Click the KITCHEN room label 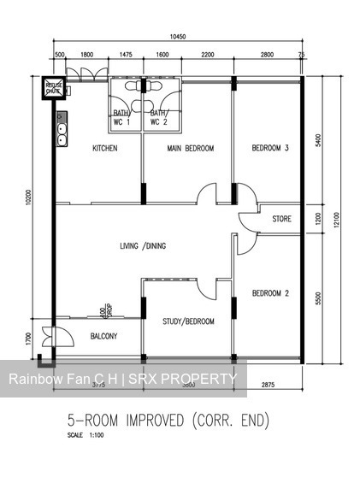[x=104, y=149]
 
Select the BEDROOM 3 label [x=269, y=149]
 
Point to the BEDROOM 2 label [x=270, y=294]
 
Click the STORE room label [x=281, y=219]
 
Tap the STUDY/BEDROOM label [x=188, y=321]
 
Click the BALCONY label [x=103, y=336]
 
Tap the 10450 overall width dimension [x=177, y=37]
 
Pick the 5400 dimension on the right [x=317, y=140]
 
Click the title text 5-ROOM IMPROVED [x=133, y=421]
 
